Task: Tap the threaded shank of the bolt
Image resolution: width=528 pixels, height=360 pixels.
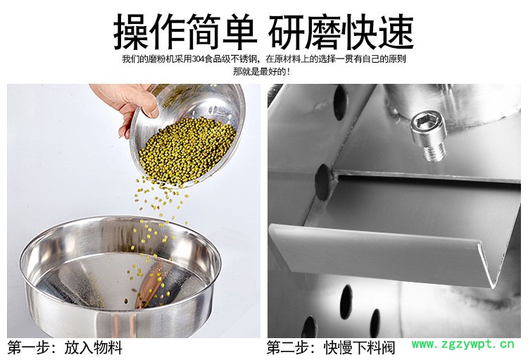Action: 434,150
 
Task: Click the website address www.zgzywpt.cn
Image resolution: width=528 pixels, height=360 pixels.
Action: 463,345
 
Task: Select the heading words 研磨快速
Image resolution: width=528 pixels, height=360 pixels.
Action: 341,32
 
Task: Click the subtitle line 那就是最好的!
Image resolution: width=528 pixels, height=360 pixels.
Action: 261,72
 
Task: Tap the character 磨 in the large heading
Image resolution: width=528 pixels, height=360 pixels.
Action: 322,32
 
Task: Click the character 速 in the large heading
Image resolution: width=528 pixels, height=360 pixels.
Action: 396,32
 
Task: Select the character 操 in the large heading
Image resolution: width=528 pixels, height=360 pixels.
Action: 132,32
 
